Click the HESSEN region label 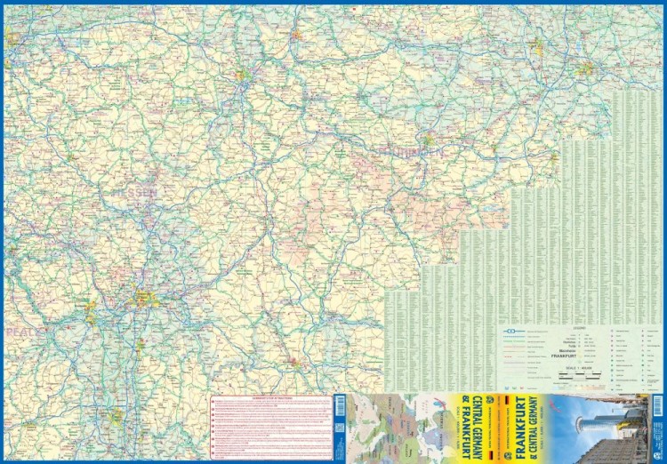[133, 192]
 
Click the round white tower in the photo [594, 428]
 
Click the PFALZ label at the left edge [18, 331]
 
